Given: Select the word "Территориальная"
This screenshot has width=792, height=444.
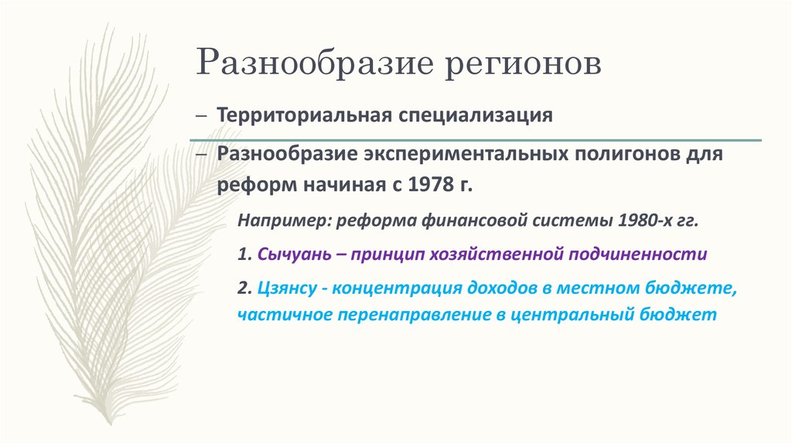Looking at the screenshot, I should (305, 115).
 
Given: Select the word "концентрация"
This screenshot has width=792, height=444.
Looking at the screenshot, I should (398, 289).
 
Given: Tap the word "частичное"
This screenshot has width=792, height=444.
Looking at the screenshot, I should (276, 315).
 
